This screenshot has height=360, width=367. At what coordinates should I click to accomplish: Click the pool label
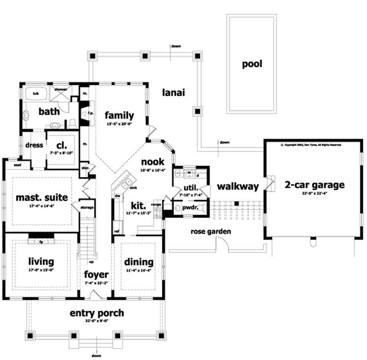tap(252, 64)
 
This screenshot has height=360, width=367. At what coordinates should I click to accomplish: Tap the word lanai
tap(173, 93)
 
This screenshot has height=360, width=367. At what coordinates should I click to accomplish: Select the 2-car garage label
tap(314, 185)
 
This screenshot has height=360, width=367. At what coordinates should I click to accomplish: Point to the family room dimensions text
tap(119, 124)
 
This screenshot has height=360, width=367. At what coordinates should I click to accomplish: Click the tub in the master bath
tap(35, 94)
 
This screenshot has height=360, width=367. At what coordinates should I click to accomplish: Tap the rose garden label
tap(211, 232)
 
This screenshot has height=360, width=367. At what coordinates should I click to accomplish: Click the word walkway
tap(238, 187)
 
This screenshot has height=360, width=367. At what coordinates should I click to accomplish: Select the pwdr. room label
tap(191, 208)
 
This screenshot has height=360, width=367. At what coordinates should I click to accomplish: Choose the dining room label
tap(139, 262)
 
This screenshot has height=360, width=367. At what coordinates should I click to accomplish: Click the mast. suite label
tap(42, 198)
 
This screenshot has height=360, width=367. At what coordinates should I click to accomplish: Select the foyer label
tap(96, 275)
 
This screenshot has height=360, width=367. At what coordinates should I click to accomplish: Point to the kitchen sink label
tap(133, 188)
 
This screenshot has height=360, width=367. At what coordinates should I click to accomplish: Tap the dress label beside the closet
tap(34, 145)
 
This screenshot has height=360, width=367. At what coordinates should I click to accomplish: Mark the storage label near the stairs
tap(87, 207)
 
